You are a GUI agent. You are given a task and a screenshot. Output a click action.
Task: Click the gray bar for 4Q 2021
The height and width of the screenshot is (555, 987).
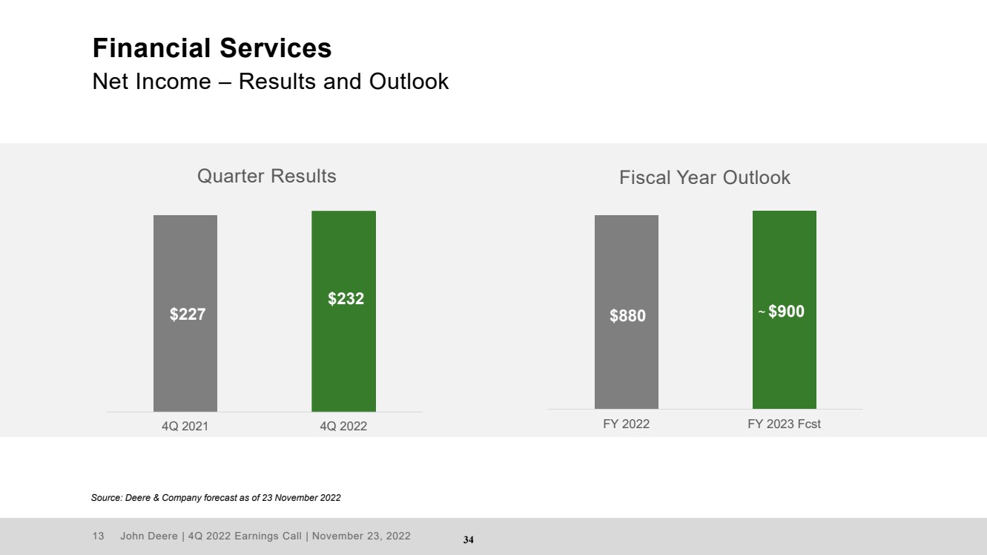point(185,313)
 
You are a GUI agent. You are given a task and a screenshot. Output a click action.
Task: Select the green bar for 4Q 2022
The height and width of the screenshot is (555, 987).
point(343,311)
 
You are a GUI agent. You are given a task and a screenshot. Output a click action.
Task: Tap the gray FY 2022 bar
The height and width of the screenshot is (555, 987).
point(627,312)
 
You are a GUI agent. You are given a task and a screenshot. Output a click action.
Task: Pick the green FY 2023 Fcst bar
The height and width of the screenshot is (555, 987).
point(785,310)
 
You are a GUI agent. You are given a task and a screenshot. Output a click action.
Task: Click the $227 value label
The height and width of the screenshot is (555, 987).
point(188,315)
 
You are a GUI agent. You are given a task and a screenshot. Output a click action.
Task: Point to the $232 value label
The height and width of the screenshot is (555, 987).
point(346,298)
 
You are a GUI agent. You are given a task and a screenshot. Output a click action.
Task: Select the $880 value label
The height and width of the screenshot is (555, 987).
point(628,315)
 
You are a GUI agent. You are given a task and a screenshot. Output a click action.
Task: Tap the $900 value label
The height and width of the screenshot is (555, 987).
point(787,311)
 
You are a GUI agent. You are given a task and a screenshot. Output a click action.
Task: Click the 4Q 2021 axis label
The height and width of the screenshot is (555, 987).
point(185,427)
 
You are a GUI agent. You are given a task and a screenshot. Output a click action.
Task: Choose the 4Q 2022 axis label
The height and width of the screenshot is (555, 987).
point(343,427)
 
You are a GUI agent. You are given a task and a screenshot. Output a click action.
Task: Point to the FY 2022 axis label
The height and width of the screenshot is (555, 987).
point(626,424)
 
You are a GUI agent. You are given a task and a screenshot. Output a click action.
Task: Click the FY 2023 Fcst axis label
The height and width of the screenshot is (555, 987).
point(785,424)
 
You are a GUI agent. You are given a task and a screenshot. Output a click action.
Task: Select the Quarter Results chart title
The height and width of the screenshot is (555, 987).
point(266,176)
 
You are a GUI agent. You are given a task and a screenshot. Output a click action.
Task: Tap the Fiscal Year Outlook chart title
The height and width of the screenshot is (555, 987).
point(704,177)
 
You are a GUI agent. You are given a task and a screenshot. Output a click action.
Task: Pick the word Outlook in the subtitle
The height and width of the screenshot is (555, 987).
point(409,82)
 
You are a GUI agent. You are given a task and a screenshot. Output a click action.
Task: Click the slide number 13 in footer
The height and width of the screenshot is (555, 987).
point(99,536)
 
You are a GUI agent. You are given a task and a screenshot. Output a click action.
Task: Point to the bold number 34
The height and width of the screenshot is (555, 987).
point(469,539)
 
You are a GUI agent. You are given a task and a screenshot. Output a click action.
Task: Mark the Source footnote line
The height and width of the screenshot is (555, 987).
point(216,498)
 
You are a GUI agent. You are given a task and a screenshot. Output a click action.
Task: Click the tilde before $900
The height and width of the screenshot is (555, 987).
point(762,312)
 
